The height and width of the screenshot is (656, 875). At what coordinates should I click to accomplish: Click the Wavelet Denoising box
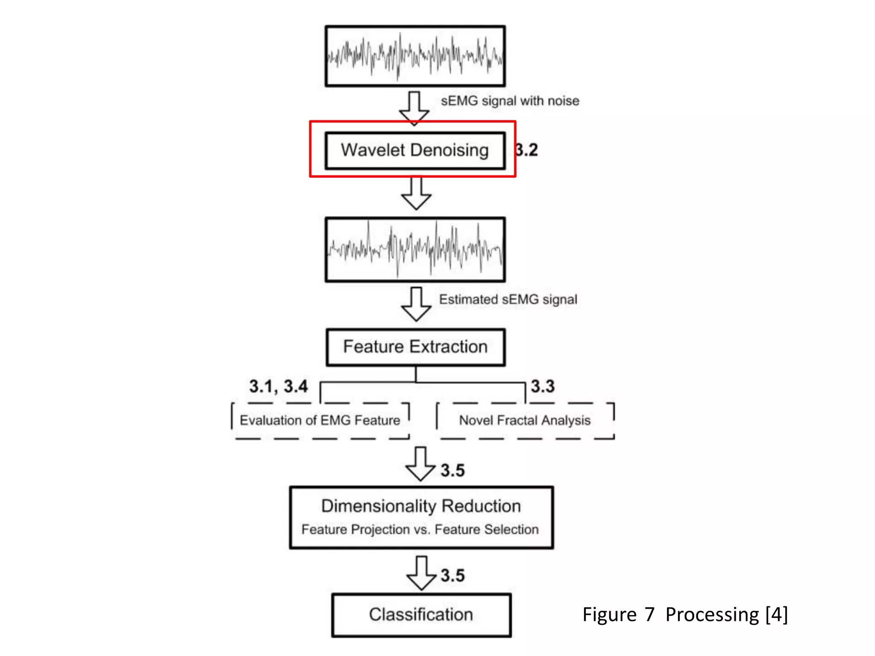click(414, 150)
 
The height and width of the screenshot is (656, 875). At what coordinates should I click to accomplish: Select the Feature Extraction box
click(415, 347)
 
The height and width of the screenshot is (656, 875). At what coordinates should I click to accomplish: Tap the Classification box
click(421, 615)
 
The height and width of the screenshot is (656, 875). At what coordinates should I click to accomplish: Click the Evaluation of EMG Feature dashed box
click(320, 420)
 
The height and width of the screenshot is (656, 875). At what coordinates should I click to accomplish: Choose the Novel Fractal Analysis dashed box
click(525, 420)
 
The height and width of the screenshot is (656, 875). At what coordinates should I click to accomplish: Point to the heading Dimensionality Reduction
click(421, 506)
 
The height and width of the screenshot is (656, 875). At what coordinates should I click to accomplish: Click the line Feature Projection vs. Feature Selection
click(420, 530)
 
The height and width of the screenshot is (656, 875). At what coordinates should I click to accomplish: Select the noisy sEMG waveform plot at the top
click(415, 56)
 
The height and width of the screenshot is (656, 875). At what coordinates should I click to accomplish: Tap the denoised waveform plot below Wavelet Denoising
click(415, 250)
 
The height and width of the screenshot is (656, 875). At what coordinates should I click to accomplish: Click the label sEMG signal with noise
click(510, 101)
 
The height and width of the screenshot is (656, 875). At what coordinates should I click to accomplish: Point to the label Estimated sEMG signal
click(508, 299)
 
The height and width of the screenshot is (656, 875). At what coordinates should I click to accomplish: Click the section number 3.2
click(526, 150)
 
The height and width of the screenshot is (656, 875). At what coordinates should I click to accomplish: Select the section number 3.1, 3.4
click(278, 387)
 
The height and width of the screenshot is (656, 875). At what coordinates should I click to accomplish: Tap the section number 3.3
click(543, 387)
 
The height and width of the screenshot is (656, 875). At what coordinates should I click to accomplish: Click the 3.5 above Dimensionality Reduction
click(452, 470)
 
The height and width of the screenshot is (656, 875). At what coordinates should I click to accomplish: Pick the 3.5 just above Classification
click(452, 575)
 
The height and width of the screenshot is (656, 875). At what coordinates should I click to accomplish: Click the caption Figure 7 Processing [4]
click(685, 615)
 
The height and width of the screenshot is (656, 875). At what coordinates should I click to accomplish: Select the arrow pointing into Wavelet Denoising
click(414, 108)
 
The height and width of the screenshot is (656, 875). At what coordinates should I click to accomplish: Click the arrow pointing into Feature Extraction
click(416, 304)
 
